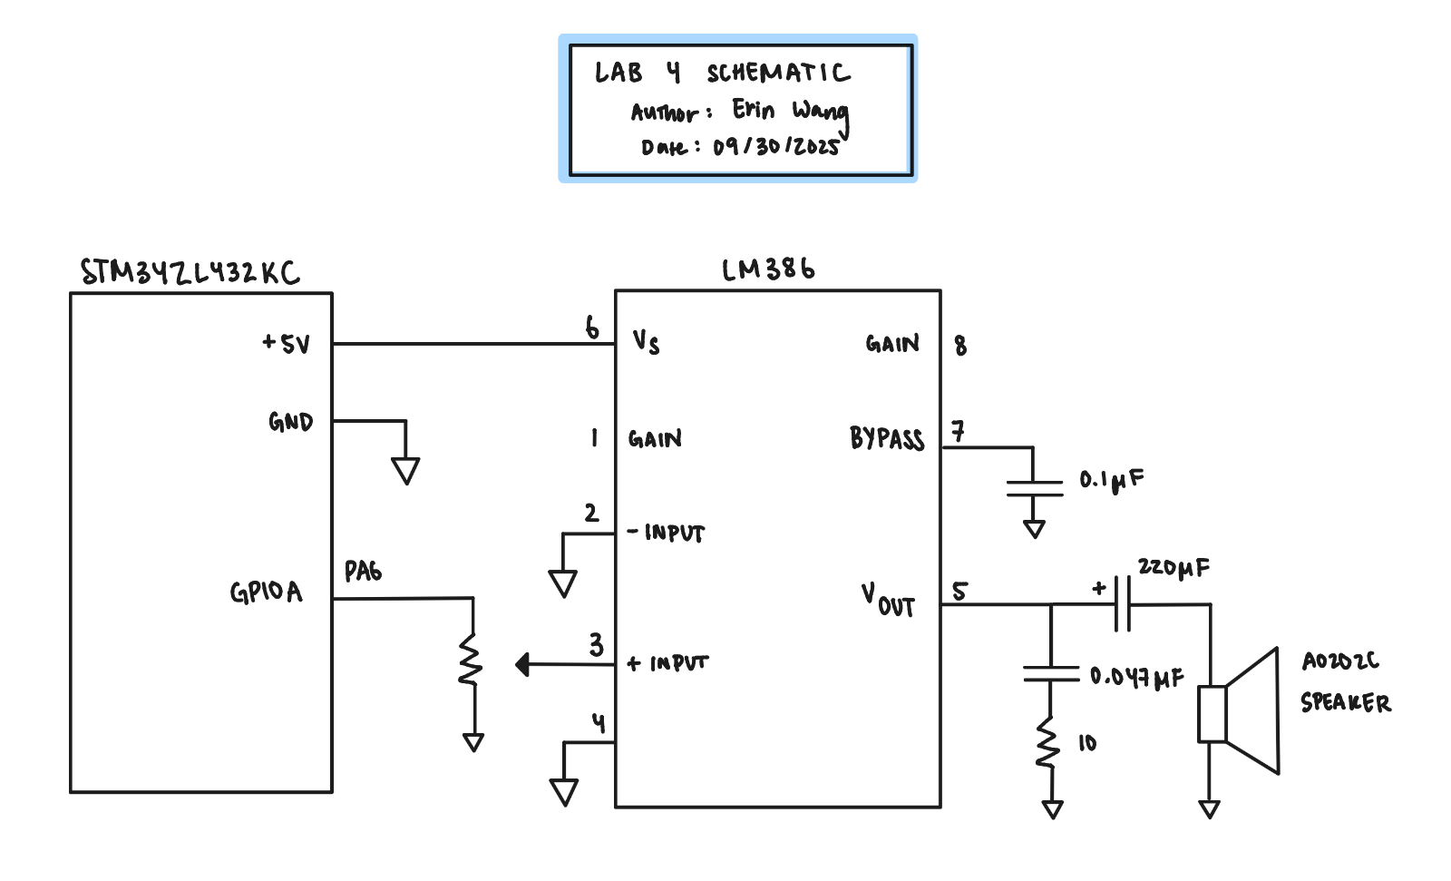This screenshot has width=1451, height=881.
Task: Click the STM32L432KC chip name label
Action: (x=190, y=272)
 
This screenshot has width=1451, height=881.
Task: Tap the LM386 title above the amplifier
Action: (x=768, y=269)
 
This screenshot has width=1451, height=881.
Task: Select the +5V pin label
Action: (x=287, y=343)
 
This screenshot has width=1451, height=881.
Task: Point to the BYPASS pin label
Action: (x=887, y=438)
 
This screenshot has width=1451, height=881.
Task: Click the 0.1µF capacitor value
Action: (x=1112, y=480)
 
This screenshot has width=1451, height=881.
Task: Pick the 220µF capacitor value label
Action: (x=1173, y=568)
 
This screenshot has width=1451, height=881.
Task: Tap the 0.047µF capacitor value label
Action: (x=1137, y=677)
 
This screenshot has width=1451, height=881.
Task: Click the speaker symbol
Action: (x=1239, y=712)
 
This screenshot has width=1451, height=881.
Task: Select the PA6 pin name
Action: (x=363, y=571)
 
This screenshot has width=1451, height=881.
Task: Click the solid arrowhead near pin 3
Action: (x=522, y=664)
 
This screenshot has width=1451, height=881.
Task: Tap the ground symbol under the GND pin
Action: (x=405, y=471)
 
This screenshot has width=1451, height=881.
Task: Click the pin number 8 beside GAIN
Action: (x=960, y=346)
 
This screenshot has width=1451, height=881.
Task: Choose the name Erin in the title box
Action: (x=753, y=109)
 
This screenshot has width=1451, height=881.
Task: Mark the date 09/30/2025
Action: (x=776, y=146)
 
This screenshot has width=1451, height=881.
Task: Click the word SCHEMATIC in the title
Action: (x=779, y=73)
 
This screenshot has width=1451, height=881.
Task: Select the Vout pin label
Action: (x=888, y=601)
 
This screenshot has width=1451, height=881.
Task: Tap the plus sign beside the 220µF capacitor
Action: (x=1098, y=589)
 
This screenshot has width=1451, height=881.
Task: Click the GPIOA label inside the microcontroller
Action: (x=267, y=592)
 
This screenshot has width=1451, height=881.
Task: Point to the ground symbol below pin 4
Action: (x=564, y=792)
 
